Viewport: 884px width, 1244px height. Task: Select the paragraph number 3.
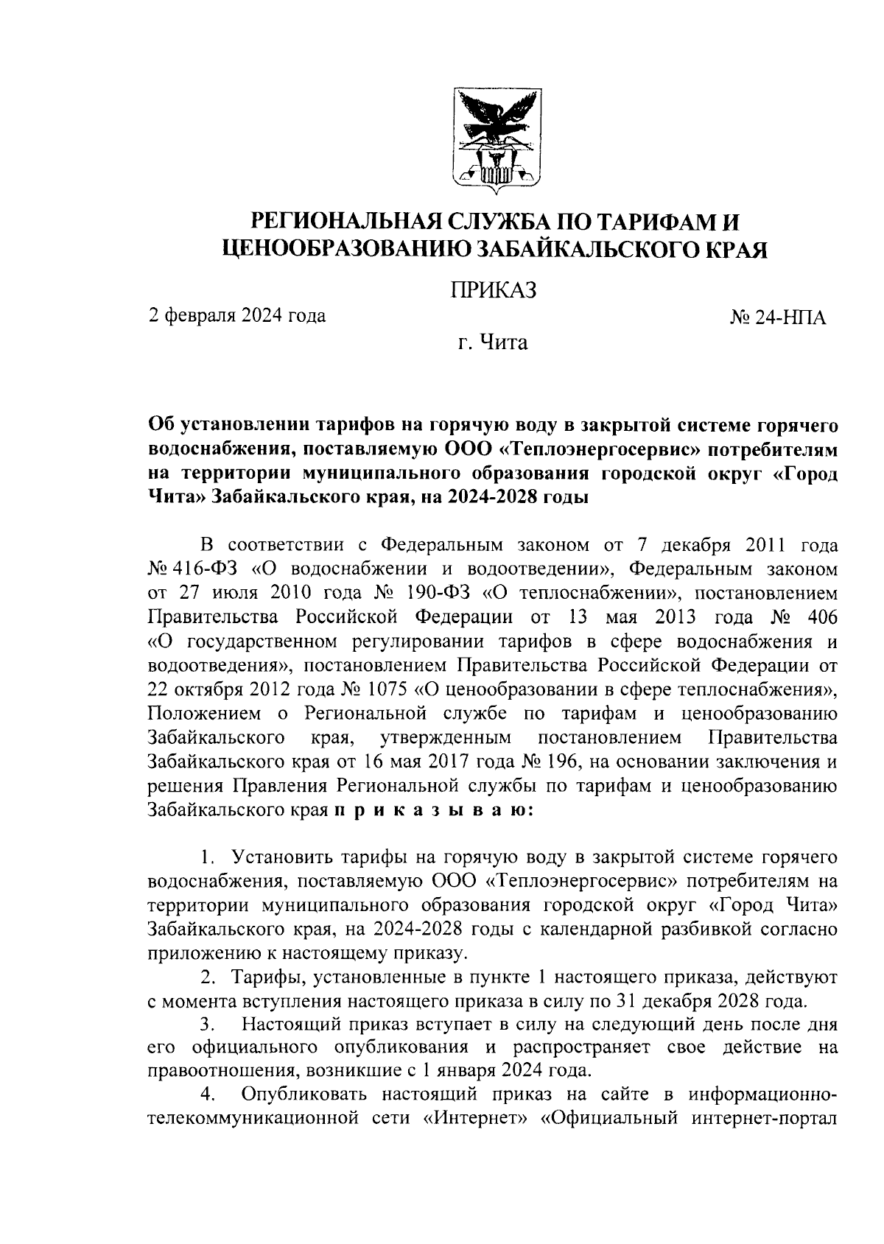pyautogui.click(x=208, y=1025)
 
